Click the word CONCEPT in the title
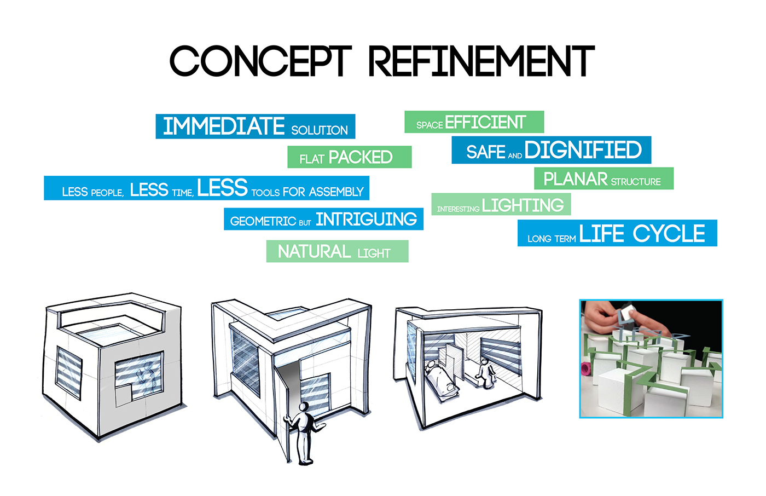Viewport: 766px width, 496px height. [x=260, y=61]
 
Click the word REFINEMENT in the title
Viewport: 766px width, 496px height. [x=481, y=61]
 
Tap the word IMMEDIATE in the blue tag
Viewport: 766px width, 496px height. [x=224, y=126]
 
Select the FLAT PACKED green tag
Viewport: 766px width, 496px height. [x=349, y=158]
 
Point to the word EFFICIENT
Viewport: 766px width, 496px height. [x=485, y=122]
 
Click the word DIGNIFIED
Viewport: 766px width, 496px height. [x=583, y=150]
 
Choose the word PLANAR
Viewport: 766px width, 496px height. [x=575, y=179]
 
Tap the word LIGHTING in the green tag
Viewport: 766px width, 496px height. [x=523, y=205]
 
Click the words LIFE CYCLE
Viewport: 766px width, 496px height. [x=642, y=234]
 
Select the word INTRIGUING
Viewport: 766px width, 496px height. [x=366, y=220]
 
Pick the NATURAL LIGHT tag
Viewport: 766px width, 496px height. [x=337, y=252]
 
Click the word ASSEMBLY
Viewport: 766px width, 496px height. [x=336, y=192]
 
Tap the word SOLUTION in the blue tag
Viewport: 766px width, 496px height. [x=320, y=130]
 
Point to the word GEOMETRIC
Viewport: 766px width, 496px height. [x=263, y=221]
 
